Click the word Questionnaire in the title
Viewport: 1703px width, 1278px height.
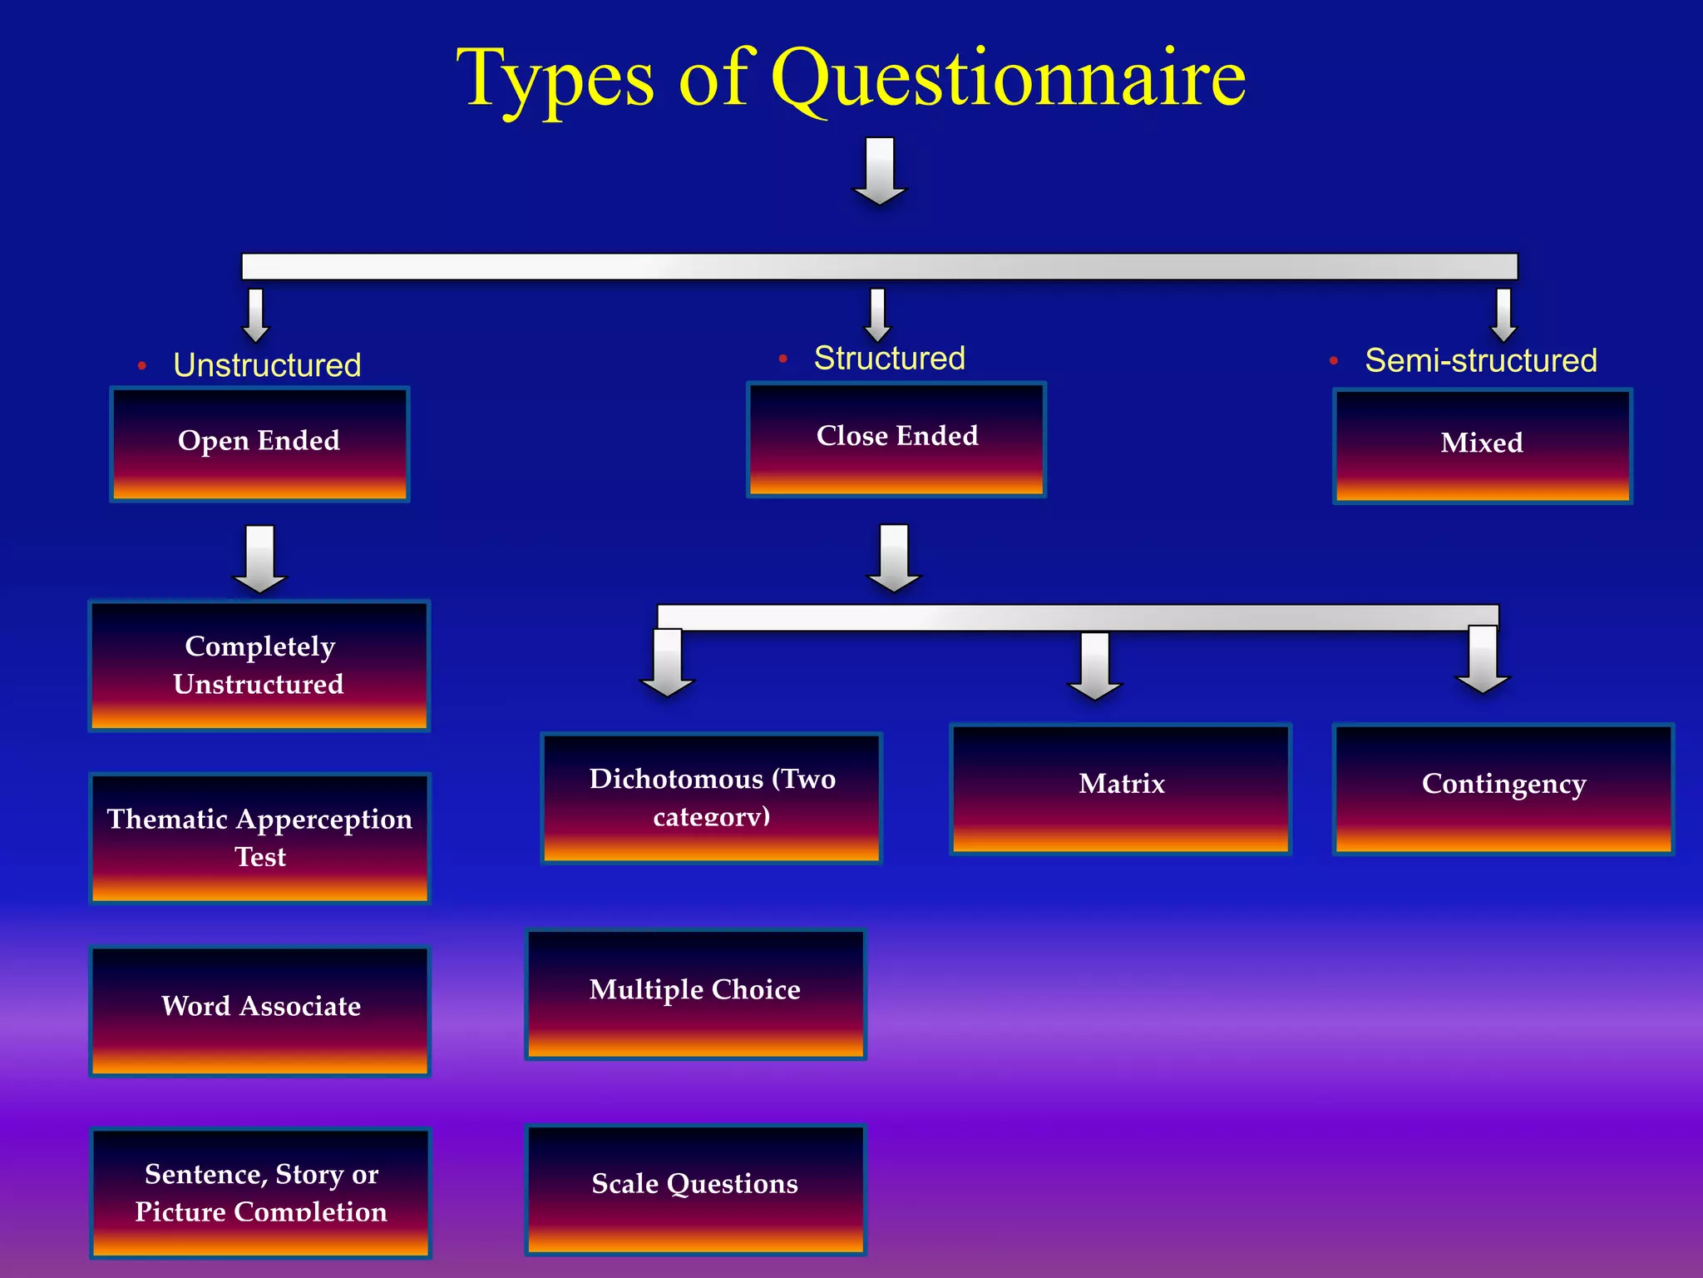pyautogui.click(x=1008, y=78)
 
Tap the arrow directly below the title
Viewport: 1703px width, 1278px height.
pyautogui.click(x=880, y=171)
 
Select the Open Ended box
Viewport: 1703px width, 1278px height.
pyautogui.click(x=259, y=443)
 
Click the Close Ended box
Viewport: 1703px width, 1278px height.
pyautogui.click(x=896, y=439)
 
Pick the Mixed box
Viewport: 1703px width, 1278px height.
pyautogui.click(x=1482, y=445)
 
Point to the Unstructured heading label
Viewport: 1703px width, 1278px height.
pyautogui.click(x=267, y=365)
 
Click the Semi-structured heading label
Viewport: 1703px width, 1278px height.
pyautogui.click(x=1480, y=360)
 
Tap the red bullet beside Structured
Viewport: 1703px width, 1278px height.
pyautogui.click(x=782, y=359)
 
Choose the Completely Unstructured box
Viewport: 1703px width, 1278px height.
pyautogui.click(x=259, y=665)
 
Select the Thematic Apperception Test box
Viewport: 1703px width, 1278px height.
pyautogui.click(x=259, y=838)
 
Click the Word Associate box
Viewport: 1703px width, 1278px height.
pyautogui.click(x=259, y=1010)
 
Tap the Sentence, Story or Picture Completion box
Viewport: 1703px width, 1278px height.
pyautogui.click(x=260, y=1191)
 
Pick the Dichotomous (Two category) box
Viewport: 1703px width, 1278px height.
pyautogui.click(x=711, y=798)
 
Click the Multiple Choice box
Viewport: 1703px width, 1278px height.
pyautogui.click(x=695, y=993)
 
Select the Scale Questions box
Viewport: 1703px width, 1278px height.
pyautogui.click(x=695, y=1188)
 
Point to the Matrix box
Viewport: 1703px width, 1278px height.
pyautogui.click(x=1120, y=788)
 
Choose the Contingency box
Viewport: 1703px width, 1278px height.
pyautogui.click(x=1503, y=788)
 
